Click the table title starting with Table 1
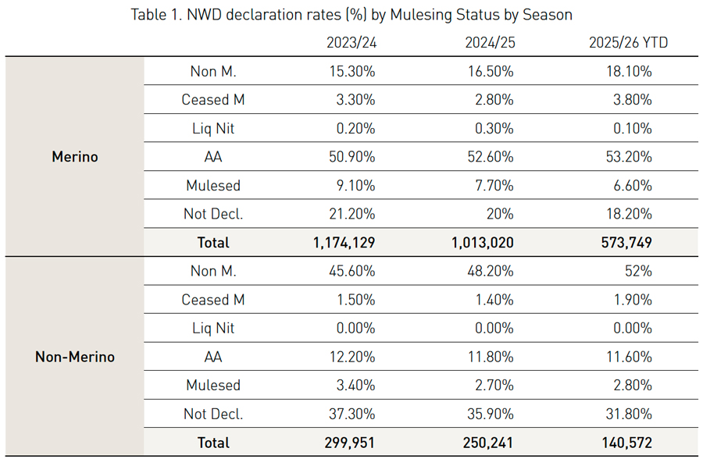(x=351, y=15)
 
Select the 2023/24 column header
(x=351, y=43)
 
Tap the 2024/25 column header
(x=488, y=43)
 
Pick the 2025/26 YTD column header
(x=628, y=43)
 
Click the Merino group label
(x=75, y=157)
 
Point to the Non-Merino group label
(x=75, y=357)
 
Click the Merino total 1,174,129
(x=344, y=243)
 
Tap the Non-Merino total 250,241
(x=483, y=443)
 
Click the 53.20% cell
(x=627, y=157)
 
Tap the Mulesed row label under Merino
(x=213, y=186)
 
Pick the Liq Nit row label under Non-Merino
(x=213, y=328)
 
